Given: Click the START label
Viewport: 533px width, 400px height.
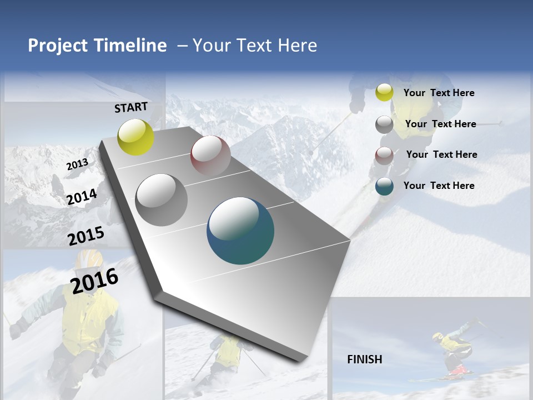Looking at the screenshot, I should point(131,107).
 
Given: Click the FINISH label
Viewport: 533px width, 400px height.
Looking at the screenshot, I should point(364,359).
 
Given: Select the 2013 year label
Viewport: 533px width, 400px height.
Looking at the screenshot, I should point(77,164).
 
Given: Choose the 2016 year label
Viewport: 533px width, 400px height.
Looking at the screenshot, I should point(94,281).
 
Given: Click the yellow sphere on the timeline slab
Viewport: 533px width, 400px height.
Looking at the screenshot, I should point(135,137).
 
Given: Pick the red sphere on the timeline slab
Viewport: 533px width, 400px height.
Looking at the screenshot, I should point(210,155).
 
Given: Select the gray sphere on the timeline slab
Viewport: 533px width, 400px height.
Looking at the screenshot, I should point(162,199).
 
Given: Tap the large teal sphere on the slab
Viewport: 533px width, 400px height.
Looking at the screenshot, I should point(240,231).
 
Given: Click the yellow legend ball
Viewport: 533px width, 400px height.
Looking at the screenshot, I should point(384,93).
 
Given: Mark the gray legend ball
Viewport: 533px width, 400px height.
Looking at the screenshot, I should point(384,124).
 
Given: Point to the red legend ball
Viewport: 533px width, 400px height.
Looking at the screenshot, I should point(384,156).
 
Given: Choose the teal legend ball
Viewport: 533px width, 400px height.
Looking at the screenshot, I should point(384,186).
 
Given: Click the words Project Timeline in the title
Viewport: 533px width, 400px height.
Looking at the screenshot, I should point(97,46).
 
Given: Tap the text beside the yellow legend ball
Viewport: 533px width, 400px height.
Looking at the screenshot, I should point(439,93).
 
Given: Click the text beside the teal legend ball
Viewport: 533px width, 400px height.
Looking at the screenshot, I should point(439,186).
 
